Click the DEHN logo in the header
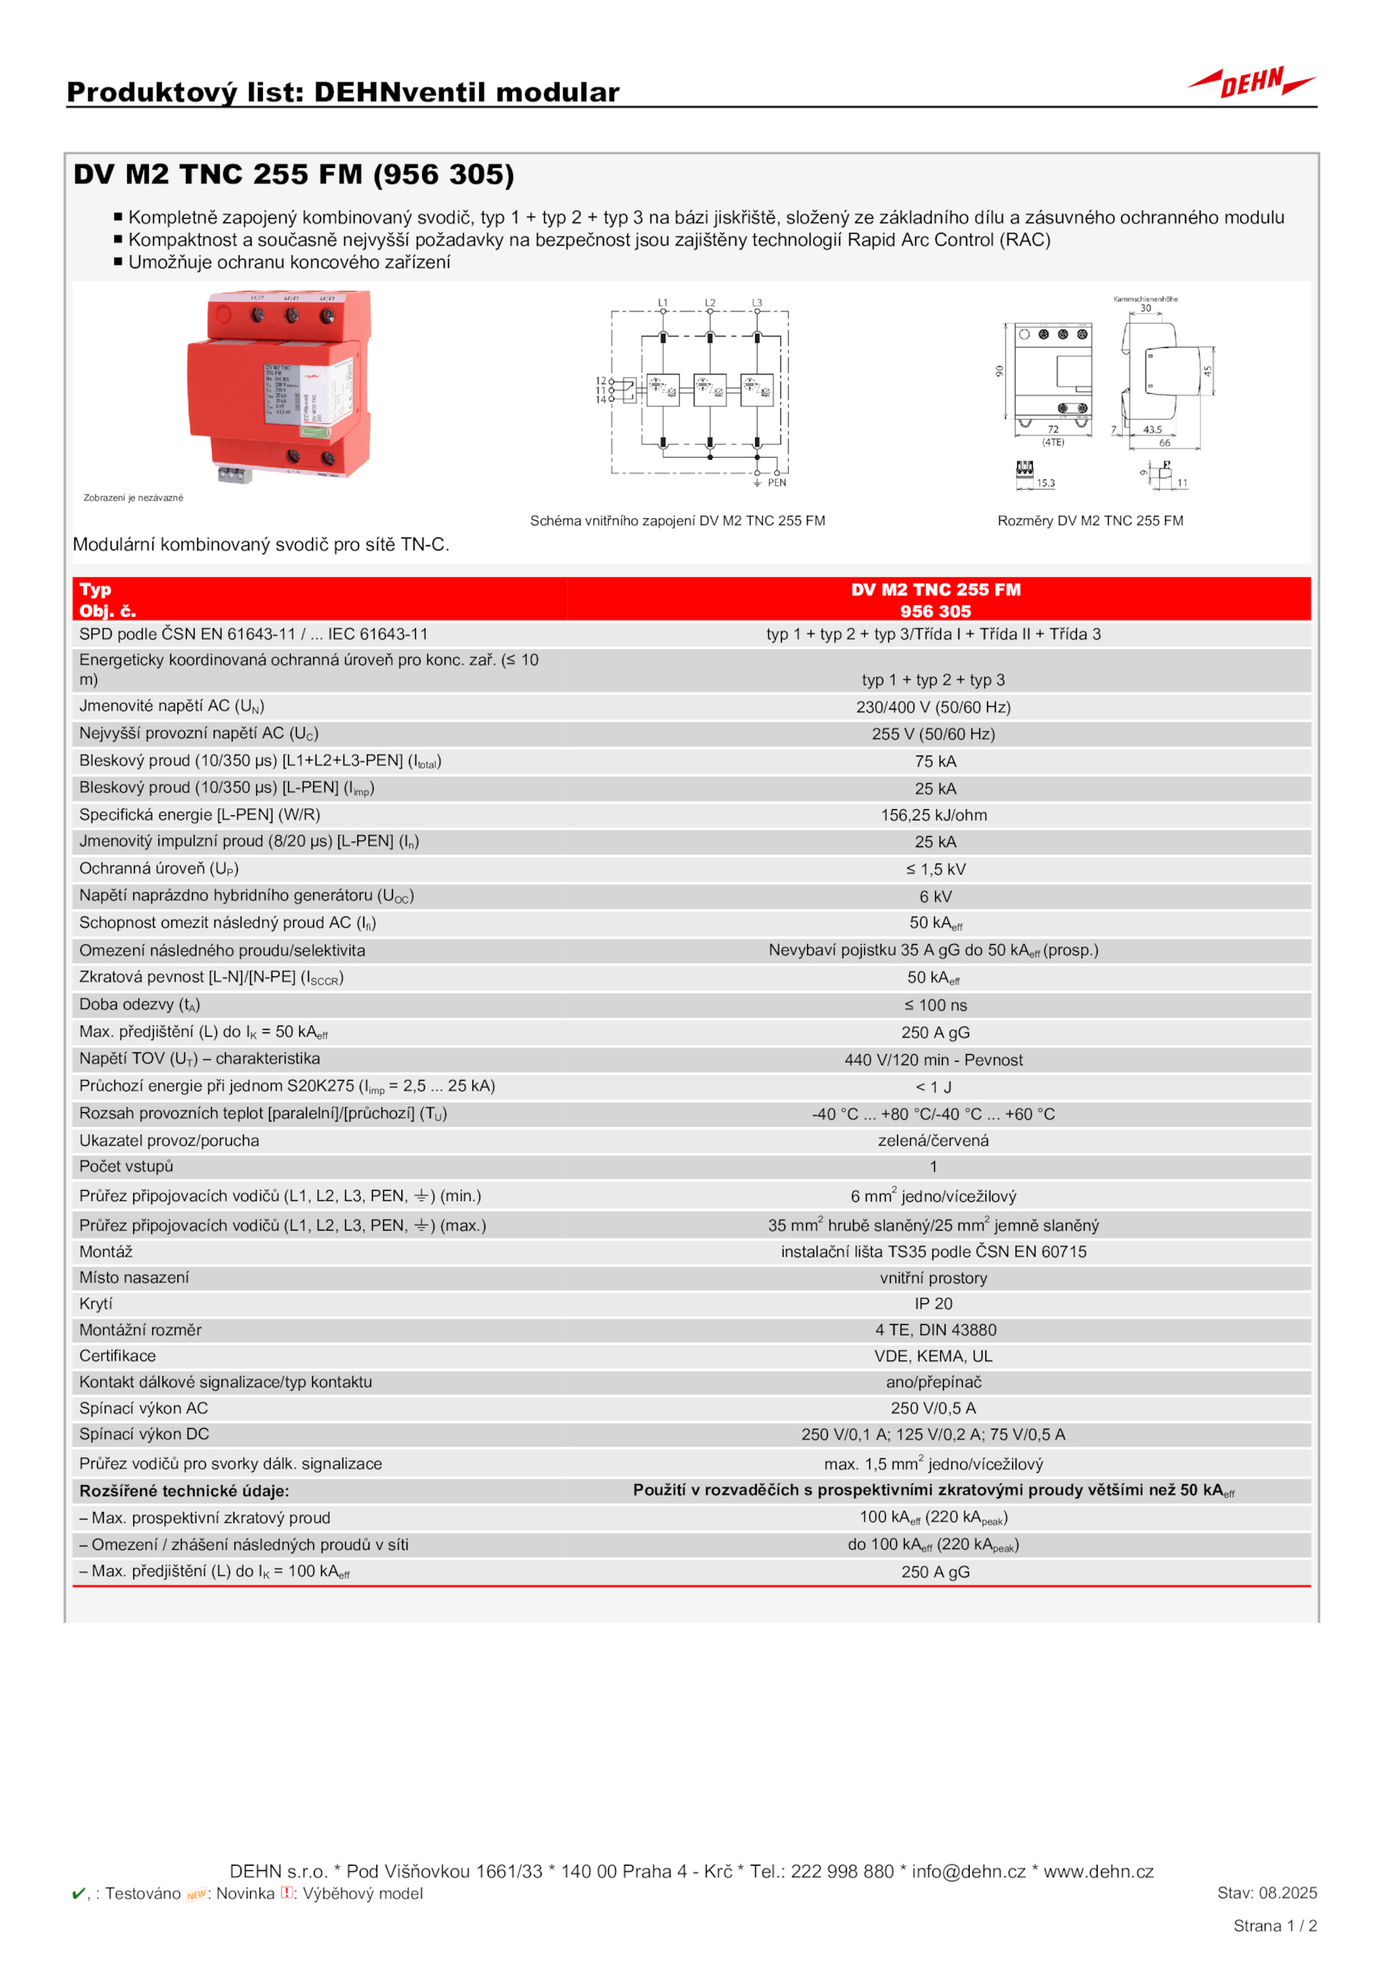coord(1251,83)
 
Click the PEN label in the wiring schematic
coord(776,483)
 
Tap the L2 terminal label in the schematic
coord(709,303)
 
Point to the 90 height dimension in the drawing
coord(999,371)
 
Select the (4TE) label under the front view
coord(1052,442)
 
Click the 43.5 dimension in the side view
coord(1151,429)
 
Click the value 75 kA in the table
coord(934,762)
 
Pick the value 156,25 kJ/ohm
coord(933,815)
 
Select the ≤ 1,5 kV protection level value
coord(934,869)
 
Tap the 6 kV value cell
coord(934,897)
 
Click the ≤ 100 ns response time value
coord(934,1005)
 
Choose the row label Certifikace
coord(118,1356)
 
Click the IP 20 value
coord(933,1303)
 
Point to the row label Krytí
coord(96,1303)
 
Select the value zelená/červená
coord(932,1141)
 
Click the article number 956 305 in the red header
coord(935,611)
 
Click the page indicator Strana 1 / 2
coord(1274,1926)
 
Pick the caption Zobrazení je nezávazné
coord(133,498)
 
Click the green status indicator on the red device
coord(317,430)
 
